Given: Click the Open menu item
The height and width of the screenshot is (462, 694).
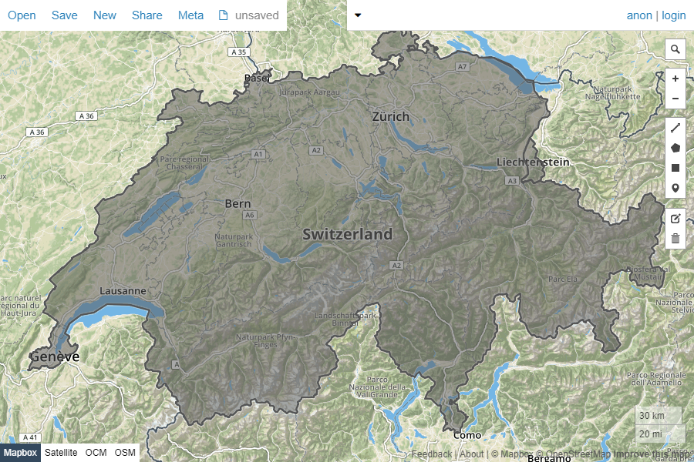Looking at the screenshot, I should [x=22, y=15].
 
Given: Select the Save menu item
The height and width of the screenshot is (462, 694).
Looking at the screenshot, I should [x=65, y=15].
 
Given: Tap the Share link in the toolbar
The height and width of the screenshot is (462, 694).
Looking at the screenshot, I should [x=147, y=15].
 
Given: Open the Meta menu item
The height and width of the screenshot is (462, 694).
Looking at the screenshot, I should [x=190, y=15].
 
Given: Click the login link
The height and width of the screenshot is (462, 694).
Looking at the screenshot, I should [x=673, y=15].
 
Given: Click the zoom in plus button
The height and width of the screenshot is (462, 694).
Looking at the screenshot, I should [x=675, y=79].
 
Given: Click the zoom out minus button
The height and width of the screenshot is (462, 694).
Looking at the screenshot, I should [x=675, y=99].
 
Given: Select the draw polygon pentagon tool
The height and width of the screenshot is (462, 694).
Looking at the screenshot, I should [x=675, y=148].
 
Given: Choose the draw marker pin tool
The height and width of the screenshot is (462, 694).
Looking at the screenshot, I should [x=675, y=188].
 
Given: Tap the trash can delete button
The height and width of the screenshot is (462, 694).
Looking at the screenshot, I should [x=675, y=239].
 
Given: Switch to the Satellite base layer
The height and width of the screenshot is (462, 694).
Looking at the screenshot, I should [x=61, y=453].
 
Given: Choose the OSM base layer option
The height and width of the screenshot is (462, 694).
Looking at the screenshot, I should [x=125, y=453].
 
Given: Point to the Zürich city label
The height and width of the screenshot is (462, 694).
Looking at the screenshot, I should [x=391, y=117].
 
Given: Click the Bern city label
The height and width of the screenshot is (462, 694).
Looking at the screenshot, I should [x=238, y=204].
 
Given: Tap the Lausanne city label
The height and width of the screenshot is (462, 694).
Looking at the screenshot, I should [x=123, y=291].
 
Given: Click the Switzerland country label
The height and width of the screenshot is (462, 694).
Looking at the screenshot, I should [x=347, y=234].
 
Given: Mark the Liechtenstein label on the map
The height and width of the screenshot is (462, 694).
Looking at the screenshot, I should [x=533, y=162].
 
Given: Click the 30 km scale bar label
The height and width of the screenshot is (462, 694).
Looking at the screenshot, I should [x=652, y=416].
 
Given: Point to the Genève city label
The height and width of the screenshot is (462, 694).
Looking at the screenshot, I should [x=54, y=357].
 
